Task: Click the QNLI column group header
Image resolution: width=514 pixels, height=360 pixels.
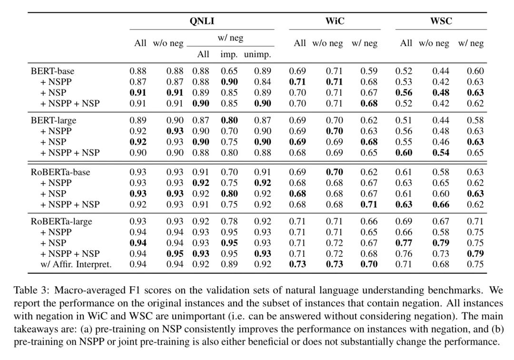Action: click(x=202, y=21)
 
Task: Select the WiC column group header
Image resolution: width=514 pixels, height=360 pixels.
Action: click(x=335, y=21)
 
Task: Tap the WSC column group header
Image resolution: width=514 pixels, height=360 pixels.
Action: click(x=441, y=21)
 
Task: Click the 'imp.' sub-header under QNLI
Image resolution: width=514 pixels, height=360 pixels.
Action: click(x=229, y=54)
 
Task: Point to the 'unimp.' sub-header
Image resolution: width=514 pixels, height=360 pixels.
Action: click(x=257, y=54)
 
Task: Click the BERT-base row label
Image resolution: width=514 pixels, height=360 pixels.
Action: click(x=52, y=71)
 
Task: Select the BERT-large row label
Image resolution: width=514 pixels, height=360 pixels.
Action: click(x=53, y=120)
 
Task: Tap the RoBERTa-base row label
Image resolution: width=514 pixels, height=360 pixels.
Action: click(x=60, y=172)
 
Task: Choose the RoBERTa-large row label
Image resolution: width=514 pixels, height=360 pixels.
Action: click(x=61, y=221)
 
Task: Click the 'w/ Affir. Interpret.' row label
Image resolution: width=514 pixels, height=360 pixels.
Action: click(x=76, y=264)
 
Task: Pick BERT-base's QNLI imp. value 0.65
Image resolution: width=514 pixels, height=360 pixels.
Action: click(x=229, y=71)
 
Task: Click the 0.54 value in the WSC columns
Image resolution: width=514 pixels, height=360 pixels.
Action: click(x=441, y=153)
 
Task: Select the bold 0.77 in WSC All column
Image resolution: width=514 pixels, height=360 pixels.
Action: click(x=404, y=243)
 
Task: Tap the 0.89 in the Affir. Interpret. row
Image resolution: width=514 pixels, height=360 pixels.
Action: click(x=229, y=264)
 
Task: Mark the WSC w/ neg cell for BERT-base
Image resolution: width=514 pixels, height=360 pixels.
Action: click(x=475, y=71)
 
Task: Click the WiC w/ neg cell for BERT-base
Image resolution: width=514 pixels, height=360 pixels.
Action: click(x=369, y=71)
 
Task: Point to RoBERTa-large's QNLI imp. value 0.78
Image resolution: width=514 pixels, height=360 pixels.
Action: click(x=229, y=221)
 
